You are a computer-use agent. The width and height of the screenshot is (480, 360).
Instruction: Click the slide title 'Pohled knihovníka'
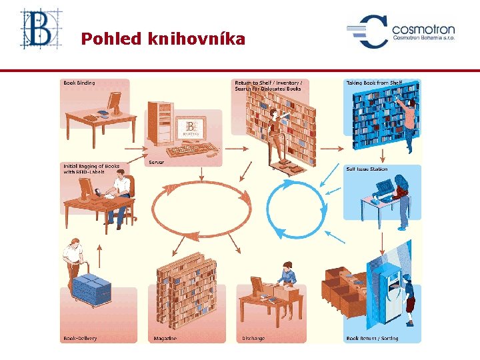(163, 39)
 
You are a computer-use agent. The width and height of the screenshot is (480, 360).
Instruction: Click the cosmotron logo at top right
(400, 31)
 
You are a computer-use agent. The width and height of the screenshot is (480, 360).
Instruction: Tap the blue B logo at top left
(39, 29)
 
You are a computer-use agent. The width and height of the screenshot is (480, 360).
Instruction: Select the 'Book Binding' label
(79, 83)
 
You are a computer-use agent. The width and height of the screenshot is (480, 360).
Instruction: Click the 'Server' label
(157, 162)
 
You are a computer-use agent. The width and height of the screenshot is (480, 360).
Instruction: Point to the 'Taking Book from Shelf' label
(374, 83)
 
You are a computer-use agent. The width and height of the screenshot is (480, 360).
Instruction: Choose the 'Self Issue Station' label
(367, 169)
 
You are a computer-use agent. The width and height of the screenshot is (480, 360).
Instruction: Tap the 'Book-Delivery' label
(80, 338)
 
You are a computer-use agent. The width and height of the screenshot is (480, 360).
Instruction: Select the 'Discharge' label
(253, 338)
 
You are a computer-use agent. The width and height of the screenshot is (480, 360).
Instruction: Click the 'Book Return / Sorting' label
(372, 338)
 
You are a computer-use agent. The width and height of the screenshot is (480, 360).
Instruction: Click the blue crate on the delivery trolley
(91, 288)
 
